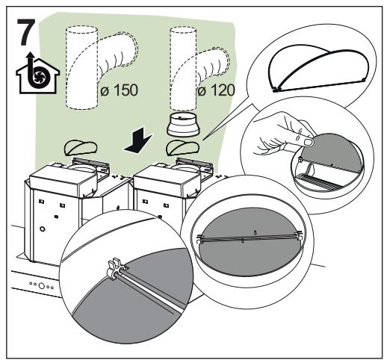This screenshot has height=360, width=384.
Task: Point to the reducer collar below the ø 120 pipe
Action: click(x=184, y=124)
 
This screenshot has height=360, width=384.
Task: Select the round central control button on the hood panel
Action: click(x=42, y=285)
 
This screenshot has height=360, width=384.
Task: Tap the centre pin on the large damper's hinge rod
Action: click(x=244, y=240)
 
